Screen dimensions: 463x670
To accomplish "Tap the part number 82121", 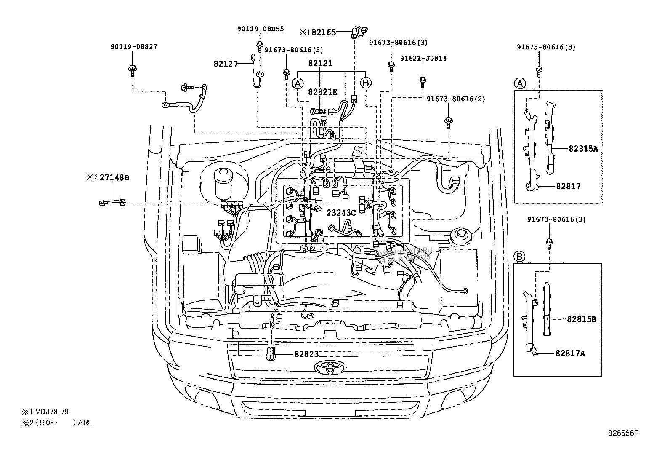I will pos(320,63).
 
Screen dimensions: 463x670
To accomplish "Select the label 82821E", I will pos(322,92).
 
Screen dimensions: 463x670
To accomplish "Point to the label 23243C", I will pos(341,213).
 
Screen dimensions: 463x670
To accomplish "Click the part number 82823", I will pos(306,354).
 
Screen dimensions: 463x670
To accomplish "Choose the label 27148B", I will pos(114,178).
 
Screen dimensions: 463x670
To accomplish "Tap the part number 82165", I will pos(323,32).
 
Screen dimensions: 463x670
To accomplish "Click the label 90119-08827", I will pos(134,47).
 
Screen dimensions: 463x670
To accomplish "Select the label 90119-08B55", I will pos(260,29).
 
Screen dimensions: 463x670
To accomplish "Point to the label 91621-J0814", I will pos(423,58).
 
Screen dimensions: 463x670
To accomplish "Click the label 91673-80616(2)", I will pos(456,99).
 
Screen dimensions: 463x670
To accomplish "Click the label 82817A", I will pos(570,353).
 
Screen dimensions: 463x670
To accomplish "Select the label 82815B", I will pos(581,319).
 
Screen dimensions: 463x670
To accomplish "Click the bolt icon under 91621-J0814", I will pos(423,80).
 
